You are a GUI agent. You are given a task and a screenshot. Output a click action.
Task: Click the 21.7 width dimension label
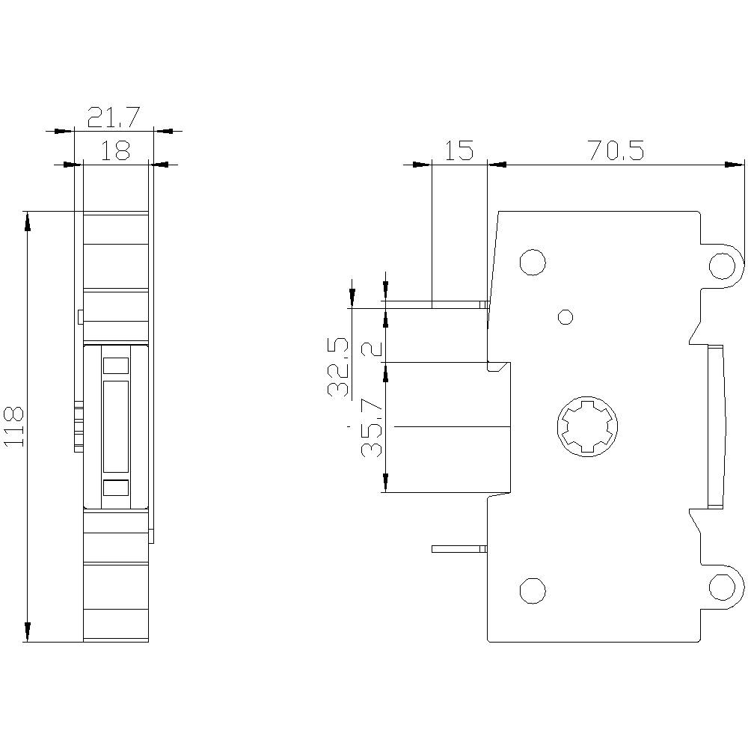pyautogui.click(x=114, y=117)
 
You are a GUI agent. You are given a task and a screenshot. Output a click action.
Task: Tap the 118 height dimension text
pyautogui.click(x=15, y=427)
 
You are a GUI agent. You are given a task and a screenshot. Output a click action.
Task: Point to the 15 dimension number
pyautogui.click(x=459, y=150)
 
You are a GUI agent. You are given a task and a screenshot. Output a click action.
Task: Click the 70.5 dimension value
pyautogui.click(x=616, y=150)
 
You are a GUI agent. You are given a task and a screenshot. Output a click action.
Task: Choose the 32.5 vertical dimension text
pyautogui.click(x=338, y=367)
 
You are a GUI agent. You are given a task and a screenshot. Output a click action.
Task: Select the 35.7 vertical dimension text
pyautogui.click(x=372, y=428)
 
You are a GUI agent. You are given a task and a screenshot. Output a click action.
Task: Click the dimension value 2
pyautogui.click(x=372, y=349)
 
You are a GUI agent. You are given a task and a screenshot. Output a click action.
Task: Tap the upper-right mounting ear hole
pyautogui.click(x=723, y=265)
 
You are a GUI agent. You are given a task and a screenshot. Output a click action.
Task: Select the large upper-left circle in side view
pyautogui.click(x=532, y=262)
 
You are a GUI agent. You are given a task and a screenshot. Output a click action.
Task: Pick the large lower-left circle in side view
pyautogui.click(x=532, y=590)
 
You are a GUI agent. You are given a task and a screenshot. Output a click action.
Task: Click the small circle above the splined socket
pyautogui.click(x=566, y=316)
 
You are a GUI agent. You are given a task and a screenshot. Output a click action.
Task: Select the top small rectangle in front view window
pyautogui.click(x=115, y=366)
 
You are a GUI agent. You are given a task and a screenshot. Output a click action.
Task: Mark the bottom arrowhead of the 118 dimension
pyautogui.click(x=28, y=633)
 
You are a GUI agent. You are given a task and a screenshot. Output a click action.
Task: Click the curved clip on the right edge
pyautogui.click(x=717, y=426)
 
